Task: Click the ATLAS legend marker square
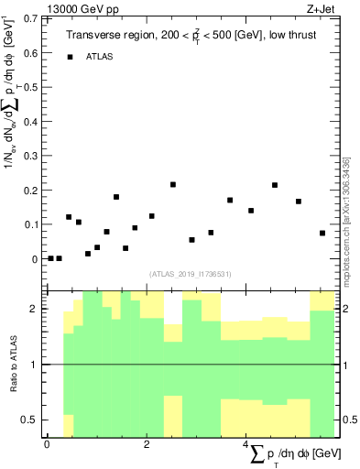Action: coord(70,57)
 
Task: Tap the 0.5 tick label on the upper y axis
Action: coord(31,87)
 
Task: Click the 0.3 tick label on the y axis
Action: coord(31,156)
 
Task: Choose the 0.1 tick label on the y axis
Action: coord(31,224)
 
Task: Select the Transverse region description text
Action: coord(191,36)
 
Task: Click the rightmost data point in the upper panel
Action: coord(322,233)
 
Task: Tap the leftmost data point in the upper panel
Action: coord(50,258)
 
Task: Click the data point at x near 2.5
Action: coord(173,184)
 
